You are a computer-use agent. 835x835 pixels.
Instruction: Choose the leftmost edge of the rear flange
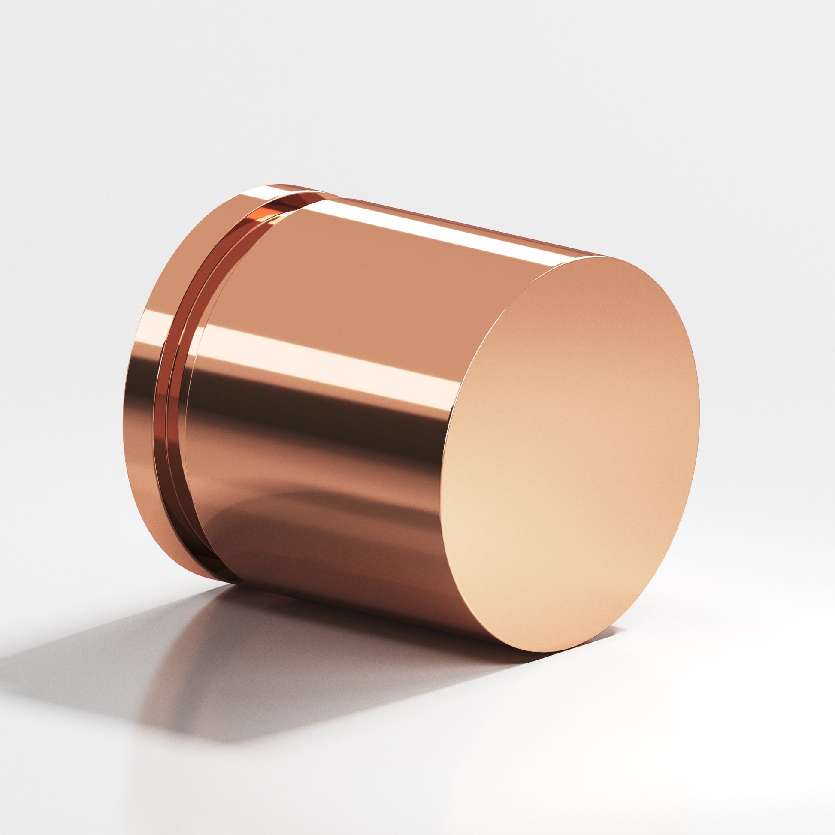coord(128,389)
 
